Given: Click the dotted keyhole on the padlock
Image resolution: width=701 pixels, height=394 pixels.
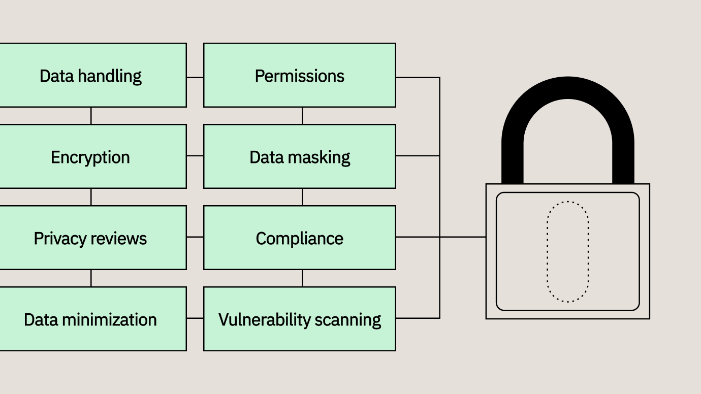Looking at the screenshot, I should (567, 252).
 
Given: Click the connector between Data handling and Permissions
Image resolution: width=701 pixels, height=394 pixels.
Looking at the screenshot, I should (195, 78).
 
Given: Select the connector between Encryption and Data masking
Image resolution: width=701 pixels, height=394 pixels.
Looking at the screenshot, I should (195, 156).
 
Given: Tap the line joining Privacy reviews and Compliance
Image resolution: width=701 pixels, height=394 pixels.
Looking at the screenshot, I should (195, 237).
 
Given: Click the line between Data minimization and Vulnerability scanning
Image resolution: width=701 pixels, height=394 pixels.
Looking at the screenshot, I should (195, 318).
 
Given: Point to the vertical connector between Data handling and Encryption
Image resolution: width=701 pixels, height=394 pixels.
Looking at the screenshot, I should (91, 116).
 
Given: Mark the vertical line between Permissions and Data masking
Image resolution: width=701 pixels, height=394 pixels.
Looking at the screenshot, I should (302, 116).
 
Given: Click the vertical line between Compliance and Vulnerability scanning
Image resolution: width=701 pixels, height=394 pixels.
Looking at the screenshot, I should (302, 278).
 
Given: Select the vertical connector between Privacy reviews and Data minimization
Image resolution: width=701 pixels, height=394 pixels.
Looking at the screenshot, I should (91, 278).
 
